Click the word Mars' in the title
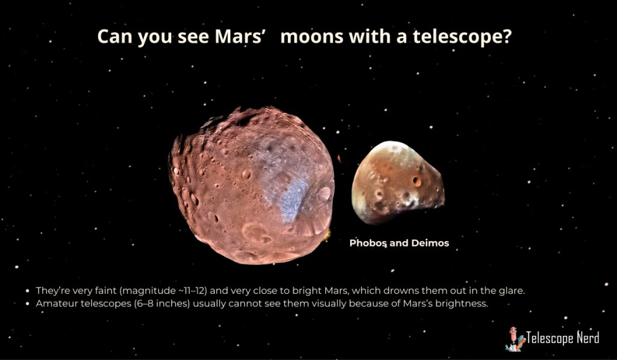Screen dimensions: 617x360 tap(239, 36)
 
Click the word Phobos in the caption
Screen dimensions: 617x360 tap(368, 243)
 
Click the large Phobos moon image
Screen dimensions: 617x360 tap(251, 185)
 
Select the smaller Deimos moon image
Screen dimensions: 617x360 tap(398, 182)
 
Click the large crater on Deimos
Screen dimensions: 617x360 tap(416, 182)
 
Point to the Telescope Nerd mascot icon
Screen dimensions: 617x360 tap(515, 339)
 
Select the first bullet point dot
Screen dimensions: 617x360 tap(28, 291)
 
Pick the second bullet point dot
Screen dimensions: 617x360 tap(28, 304)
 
